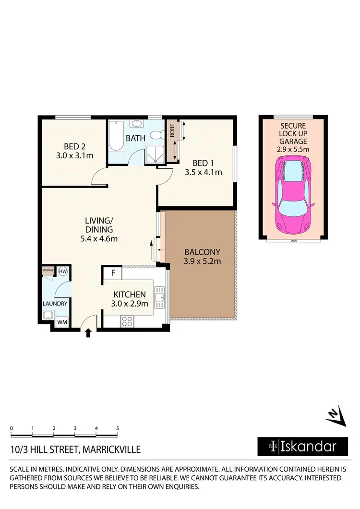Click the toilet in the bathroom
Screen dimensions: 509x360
point(156,136)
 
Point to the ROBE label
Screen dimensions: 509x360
point(172,131)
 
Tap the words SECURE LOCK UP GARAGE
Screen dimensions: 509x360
point(293,134)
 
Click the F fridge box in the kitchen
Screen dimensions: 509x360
point(113,274)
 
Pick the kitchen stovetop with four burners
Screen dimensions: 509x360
point(127,321)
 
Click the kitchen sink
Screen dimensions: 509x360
point(159,297)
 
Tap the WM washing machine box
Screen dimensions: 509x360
point(62,322)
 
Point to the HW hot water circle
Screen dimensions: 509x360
point(62,272)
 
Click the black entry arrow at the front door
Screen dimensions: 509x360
point(88,332)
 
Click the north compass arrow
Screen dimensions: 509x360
point(336,415)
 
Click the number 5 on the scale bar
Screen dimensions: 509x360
point(117,428)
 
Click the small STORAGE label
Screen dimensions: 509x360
point(48,271)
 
